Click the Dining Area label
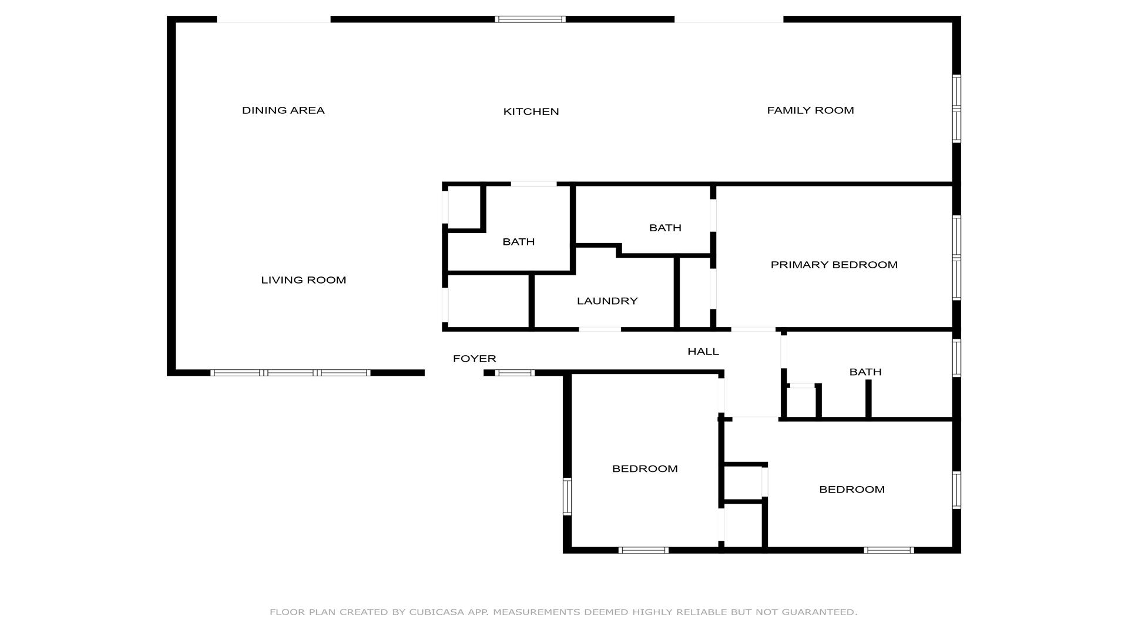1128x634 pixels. (x=283, y=110)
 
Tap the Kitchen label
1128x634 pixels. (x=531, y=112)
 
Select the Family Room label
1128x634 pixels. (x=810, y=110)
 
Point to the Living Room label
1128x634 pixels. (x=303, y=280)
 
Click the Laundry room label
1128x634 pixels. (x=607, y=301)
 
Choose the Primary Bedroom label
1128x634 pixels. (x=834, y=265)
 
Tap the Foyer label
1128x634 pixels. (x=475, y=359)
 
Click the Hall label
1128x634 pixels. (x=703, y=352)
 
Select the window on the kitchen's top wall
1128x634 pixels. (x=530, y=19)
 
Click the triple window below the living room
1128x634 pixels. (x=290, y=373)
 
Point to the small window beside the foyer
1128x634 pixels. (x=515, y=373)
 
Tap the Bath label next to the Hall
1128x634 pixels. (x=865, y=372)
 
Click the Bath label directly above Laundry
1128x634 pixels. (x=665, y=228)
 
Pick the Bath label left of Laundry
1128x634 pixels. (x=519, y=242)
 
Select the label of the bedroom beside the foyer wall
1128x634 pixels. (x=645, y=468)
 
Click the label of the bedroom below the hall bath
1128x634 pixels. (x=852, y=490)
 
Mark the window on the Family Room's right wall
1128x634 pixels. (x=956, y=109)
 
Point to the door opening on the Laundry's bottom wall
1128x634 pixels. (x=600, y=329)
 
